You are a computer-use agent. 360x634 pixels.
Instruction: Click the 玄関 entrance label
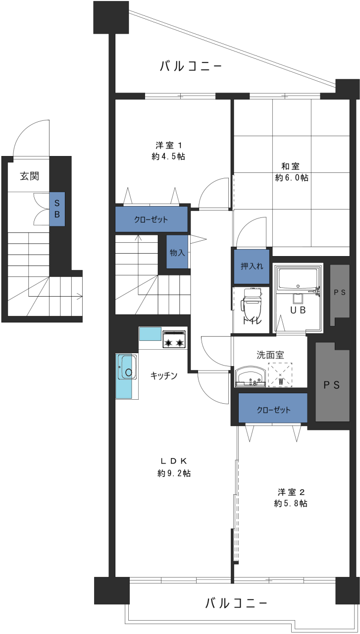pyautogui.click(x=29, y=176)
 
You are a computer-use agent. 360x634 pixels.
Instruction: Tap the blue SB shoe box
pyautogui.click(x=57, y=209)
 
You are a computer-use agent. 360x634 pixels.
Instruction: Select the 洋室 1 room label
pyautogui.click(x=169, y=146)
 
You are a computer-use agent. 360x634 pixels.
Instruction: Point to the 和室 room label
pyautogui.click(x=290, y=166)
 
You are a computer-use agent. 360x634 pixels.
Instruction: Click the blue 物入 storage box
pyautogui.click(x=177, y=252)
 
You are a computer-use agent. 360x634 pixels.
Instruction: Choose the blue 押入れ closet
pyautogui.click(x=252, y=266)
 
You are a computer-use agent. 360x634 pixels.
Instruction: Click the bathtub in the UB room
pyautogui.click(x=298, y=278)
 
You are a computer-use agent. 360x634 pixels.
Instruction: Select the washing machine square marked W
pyautogui.click(x=280, y=375)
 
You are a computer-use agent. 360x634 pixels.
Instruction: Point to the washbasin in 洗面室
pyautogui.click(x=250, y=377)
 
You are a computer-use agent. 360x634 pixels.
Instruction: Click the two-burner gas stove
pyautogui.click(x=174, y=339)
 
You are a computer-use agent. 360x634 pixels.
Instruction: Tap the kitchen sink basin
pyautogui.click(x=129, y=367)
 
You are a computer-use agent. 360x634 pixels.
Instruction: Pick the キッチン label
pyautogui.click(x=164, y=375)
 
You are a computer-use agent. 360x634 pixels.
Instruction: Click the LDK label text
pyautogui.click(x=174, y=461)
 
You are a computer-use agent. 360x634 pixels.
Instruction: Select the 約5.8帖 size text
pyautogui.click(x=291, y=503)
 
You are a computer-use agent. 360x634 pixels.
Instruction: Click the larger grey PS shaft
pyautogui.click(x=332, y=382)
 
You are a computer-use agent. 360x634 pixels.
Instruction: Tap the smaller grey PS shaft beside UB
pyautogui.click(x=340, y=294)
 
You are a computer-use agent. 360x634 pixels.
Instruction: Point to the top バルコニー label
pyautogui.click(x=191, y=66)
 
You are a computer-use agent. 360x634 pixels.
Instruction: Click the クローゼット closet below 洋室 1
pyautogui.click(x=152, y=219)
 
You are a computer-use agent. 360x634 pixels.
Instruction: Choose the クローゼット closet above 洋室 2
pyautogui.click(x=273, y=410)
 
